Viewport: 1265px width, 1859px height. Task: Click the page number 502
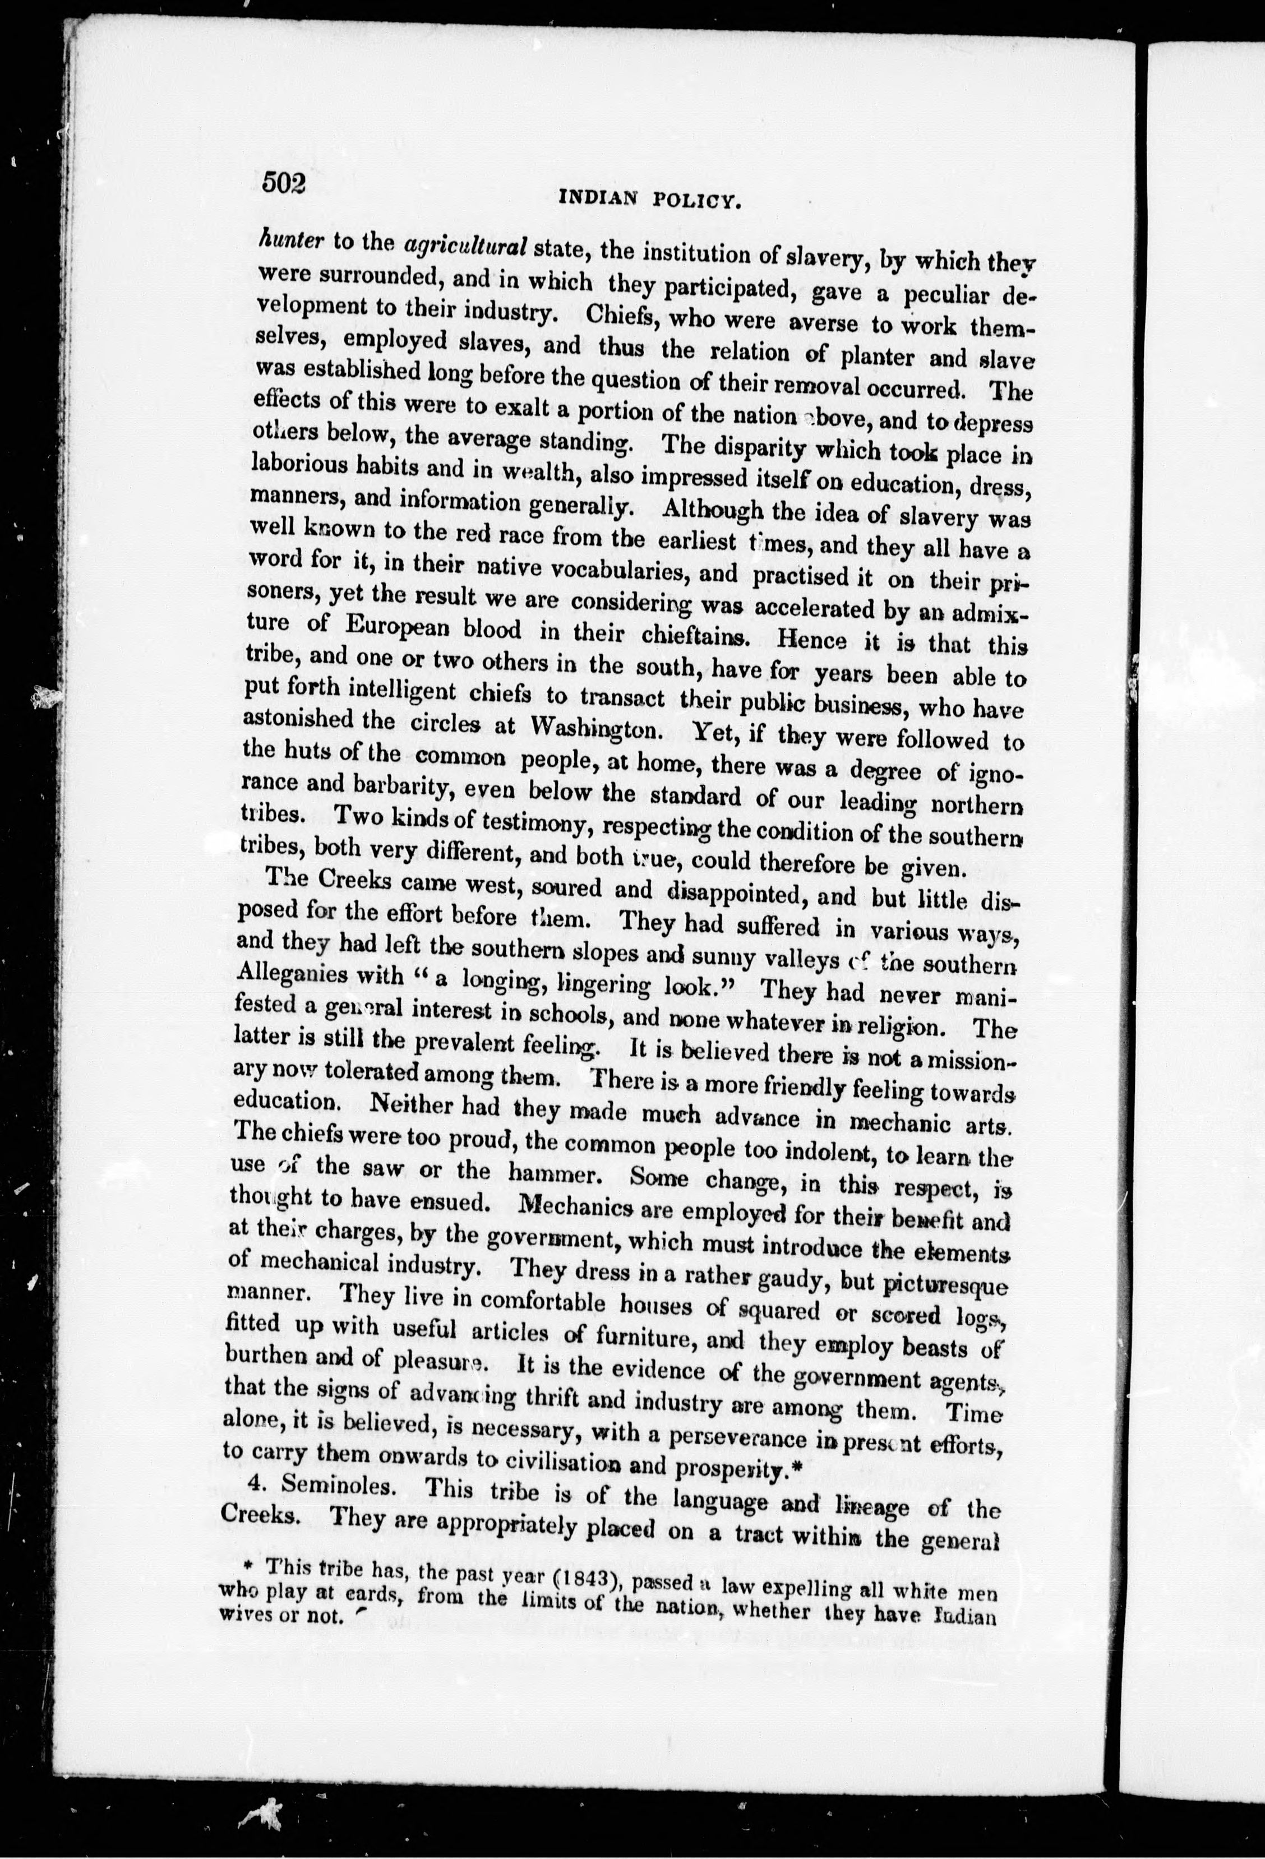coord(284,185)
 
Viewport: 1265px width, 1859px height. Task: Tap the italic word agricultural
coord(465,245)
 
